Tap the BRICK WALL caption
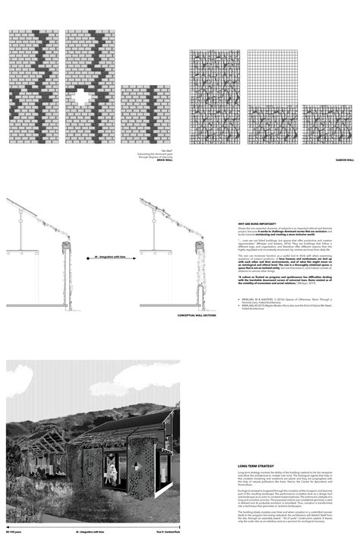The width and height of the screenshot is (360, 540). (156, 162)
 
